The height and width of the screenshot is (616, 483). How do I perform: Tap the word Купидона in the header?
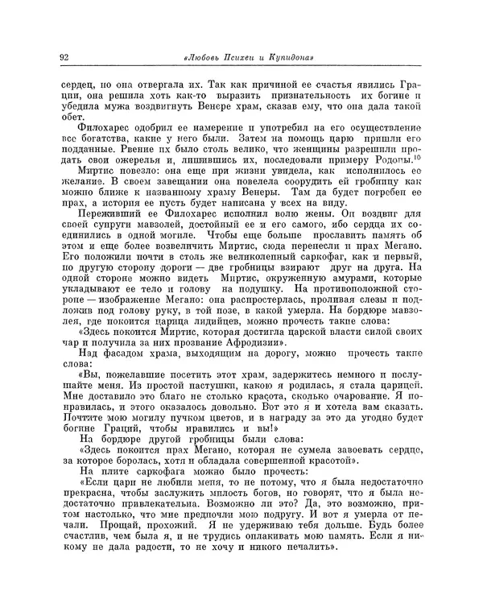(284, 57)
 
